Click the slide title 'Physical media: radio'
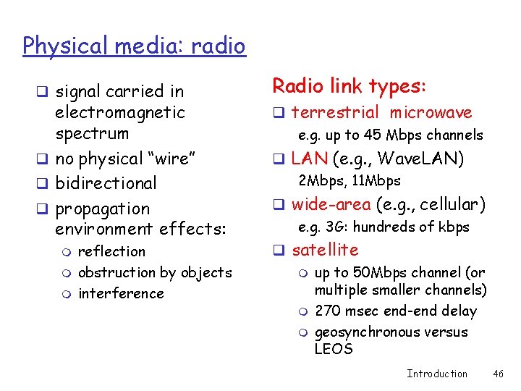(134, 46)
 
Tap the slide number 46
(497, 374)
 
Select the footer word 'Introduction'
(437, 374)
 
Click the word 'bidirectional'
(106, 183)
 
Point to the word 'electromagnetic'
(120, 112)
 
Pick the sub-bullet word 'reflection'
(111, 251)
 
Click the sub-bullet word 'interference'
(121, 293)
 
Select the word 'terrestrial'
(335, 112)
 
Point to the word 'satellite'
(325, 250)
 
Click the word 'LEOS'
(334, 349)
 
